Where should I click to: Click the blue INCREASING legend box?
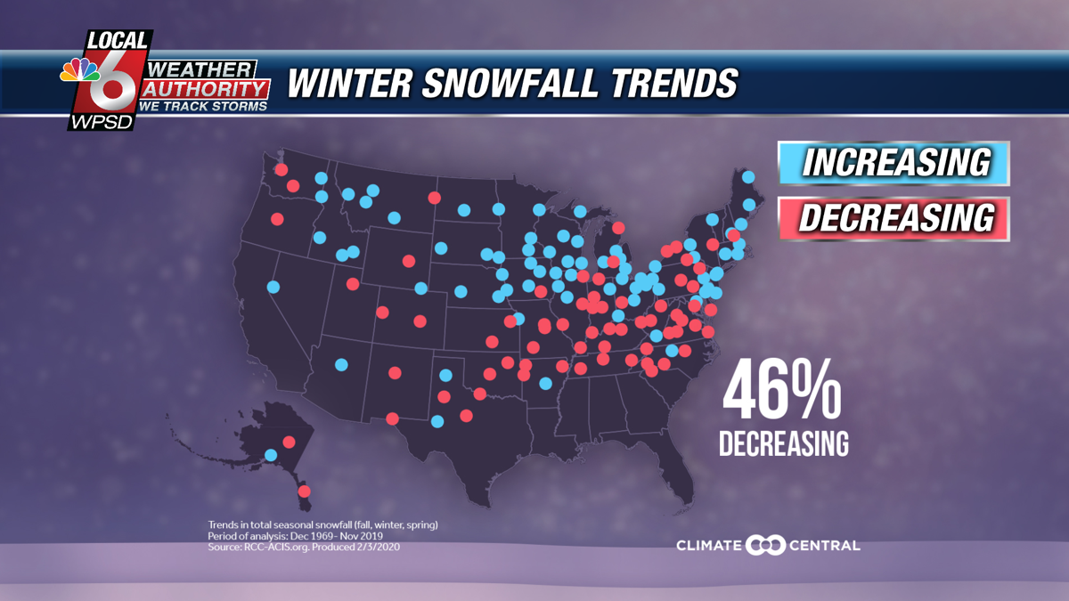point(893,164)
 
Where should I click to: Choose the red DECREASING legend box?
point(893,218)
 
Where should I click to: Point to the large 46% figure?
point(781,392)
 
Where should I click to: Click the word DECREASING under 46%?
point(784,443)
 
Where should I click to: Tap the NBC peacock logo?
point(80,70)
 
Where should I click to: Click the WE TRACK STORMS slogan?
point(204,106)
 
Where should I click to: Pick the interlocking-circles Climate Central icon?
point(765,545)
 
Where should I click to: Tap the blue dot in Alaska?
point(271,455)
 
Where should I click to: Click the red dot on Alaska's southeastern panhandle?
point(304,491)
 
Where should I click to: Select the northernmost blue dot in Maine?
point(748,176)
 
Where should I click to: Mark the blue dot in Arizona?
point(340,363)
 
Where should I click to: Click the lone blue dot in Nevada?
point(273,287)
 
